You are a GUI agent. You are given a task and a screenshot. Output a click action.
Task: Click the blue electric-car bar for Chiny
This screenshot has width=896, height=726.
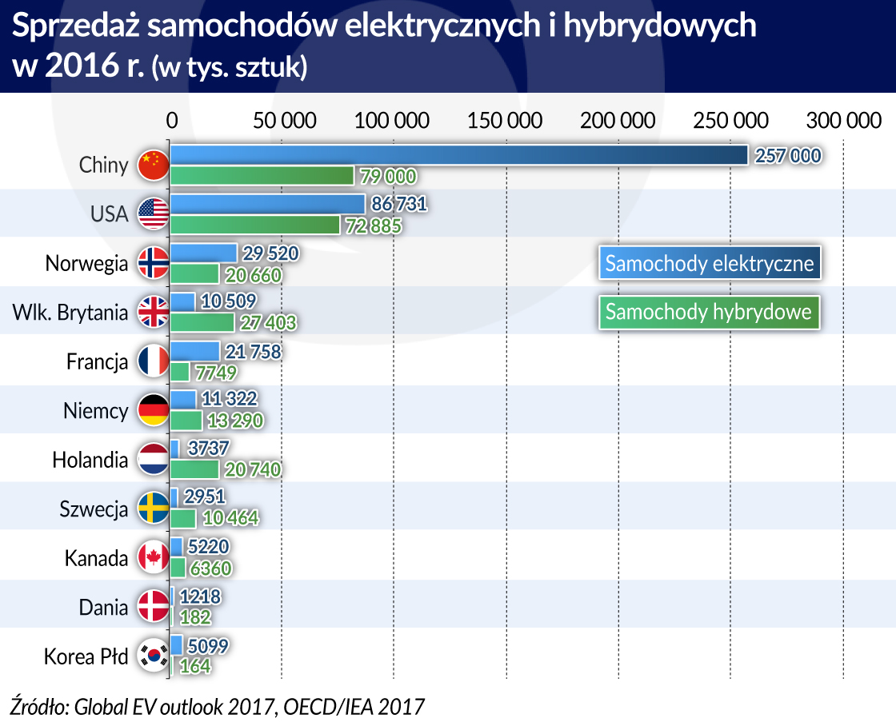point(459,155)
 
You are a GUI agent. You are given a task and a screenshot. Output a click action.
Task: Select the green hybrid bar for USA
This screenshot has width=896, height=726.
point(255,225)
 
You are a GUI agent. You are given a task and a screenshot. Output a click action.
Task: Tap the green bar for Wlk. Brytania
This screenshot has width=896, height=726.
point(202,322)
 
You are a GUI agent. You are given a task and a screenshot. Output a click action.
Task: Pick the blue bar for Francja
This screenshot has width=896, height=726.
point(195,351)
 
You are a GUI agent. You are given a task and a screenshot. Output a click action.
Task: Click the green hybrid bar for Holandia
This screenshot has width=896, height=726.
point(194,469)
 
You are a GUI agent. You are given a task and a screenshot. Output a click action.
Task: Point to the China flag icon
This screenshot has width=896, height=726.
point(152,166)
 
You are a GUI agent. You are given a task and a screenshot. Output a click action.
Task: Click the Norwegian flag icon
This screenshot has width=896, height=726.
point(152,263)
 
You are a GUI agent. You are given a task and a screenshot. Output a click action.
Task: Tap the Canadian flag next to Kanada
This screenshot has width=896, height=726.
point(152,558)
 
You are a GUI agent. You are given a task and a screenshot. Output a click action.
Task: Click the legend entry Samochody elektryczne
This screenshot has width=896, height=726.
point(710,263)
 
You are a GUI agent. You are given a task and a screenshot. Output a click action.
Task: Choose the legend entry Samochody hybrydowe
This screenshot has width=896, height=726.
point(709,312)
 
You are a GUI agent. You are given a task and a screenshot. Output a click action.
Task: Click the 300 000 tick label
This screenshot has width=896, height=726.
point(842,121)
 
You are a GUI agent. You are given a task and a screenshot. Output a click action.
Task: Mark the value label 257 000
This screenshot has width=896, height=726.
point(787,155)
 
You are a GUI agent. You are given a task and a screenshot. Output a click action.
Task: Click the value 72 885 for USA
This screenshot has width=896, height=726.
point(371,225)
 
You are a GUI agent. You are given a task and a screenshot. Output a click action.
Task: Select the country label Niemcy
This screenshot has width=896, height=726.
point(96,412)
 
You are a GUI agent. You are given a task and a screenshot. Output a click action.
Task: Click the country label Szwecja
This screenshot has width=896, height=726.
point(94,509)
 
